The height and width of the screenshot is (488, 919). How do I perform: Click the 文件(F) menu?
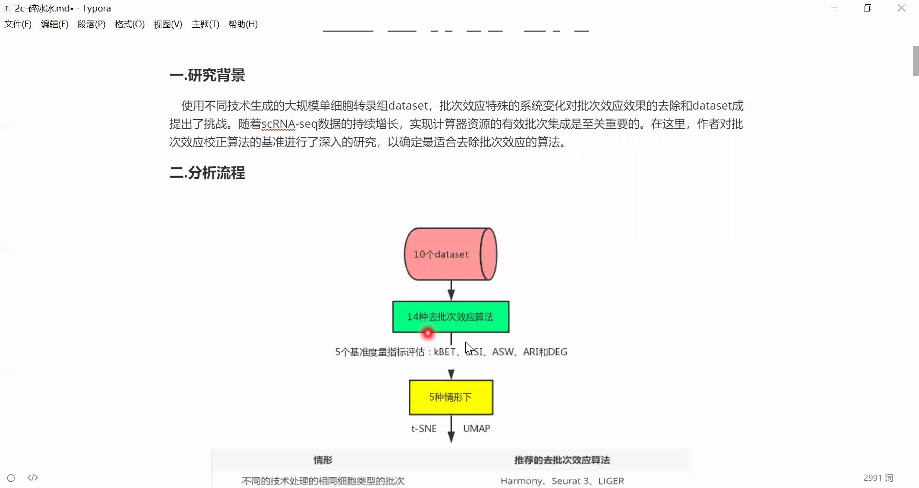(18, 24)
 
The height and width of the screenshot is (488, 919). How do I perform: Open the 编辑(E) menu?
(55, 24)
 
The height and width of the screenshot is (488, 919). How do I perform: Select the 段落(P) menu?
(91, 24)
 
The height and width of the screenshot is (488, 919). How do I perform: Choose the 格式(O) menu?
(130, 24)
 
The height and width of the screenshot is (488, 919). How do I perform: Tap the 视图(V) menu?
(168, 24)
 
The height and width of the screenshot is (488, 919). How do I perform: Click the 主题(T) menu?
(205, 24)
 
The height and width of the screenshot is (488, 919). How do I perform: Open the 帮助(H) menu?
(243, 24)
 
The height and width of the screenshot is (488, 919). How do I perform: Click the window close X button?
(901, 8)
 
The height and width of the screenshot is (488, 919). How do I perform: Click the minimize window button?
(834, 8)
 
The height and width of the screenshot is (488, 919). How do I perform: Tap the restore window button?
(867, 8)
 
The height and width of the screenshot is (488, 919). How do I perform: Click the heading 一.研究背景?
(207, 75)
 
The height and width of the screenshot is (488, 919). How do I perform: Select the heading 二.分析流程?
(207, 173)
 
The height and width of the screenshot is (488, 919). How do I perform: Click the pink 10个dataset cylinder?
(450, 254)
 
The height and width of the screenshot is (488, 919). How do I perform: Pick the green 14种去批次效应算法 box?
(450, 317)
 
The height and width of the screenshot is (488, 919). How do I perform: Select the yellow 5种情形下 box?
(450, 397)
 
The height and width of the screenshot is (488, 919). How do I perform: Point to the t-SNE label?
(424, 429)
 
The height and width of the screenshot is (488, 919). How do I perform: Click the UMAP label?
(476, 429)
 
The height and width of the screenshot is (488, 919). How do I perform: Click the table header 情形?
(323, 460)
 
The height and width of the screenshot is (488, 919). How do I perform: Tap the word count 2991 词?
(878, 478)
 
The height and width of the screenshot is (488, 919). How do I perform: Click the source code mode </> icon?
(33, 478)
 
